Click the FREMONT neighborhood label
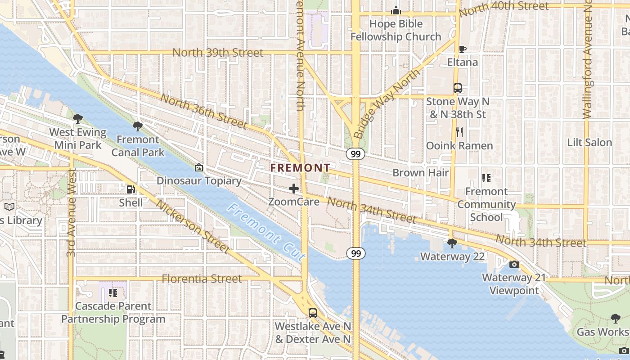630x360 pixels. click(x=300, y=168)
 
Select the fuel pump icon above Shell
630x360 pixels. click(x=130, y=190)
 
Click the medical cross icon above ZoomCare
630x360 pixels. click(x=294, y=189)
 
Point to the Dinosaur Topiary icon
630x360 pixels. click(x=198, y=168)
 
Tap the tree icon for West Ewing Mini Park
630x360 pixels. click(x=78, y=119)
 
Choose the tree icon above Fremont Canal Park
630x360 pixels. click(x=138, y=126)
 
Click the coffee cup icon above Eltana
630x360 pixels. click(x=462, y=49)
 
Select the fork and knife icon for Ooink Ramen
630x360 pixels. click(x=459, y=132)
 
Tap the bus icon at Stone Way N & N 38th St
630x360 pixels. click(x=458, y=88)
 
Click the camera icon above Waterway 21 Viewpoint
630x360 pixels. click(x=514, y=264)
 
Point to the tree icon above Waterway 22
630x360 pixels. click(x=452, y=243)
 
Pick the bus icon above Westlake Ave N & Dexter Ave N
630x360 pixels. click(x=312, y=313)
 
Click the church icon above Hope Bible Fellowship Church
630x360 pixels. click(x=396, y=10)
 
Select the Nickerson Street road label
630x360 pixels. click(x=193, y=226)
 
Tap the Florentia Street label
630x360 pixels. click(x=202, y=279)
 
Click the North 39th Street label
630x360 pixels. click(x=218, y=53)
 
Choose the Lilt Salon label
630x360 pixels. click(x=589, y=143)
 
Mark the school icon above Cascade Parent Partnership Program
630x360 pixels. click(x=113, y=293)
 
